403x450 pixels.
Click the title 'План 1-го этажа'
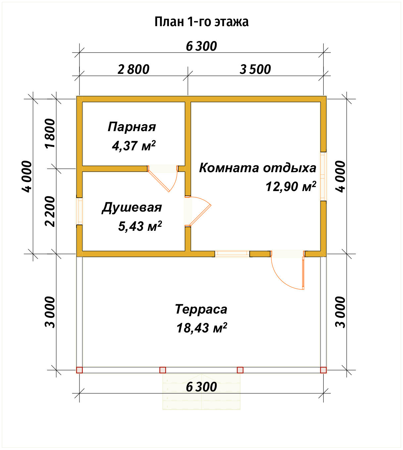[x=201, y=22]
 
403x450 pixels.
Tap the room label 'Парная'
[x=131, y=127]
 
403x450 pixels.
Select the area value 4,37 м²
[x=134, y=145]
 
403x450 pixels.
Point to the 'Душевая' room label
[x=131, y=208]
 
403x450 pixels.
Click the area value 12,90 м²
[x=290, y=187]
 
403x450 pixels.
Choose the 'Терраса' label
[x=201, y=309]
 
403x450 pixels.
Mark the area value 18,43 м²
[x=201, y=328]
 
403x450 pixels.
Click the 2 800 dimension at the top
[x=133, y=70]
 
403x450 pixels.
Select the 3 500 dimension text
[x=255, y=70]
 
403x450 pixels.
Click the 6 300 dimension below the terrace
[x=201, y=387]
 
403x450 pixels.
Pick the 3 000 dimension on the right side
[x=340, y=312]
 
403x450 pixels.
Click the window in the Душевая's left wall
[x=79, y=211]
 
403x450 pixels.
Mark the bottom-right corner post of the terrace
[x=323, y=370]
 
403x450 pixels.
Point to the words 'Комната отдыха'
[x=257, y=168]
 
